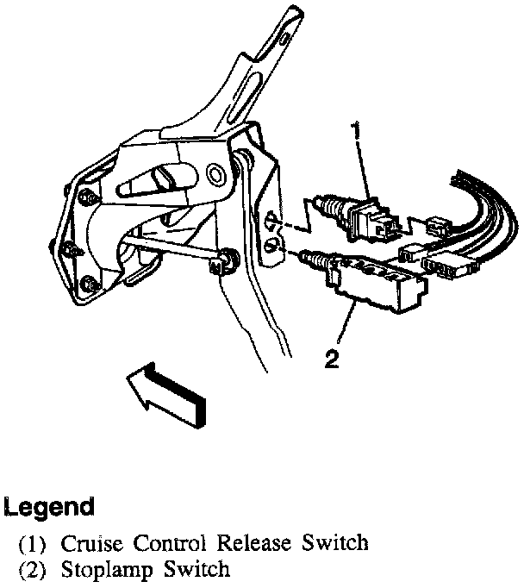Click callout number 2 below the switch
331,357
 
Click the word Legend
49,506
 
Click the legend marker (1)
36,544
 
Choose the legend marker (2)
36,570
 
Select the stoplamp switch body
375,285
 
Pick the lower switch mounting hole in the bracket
273,248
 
